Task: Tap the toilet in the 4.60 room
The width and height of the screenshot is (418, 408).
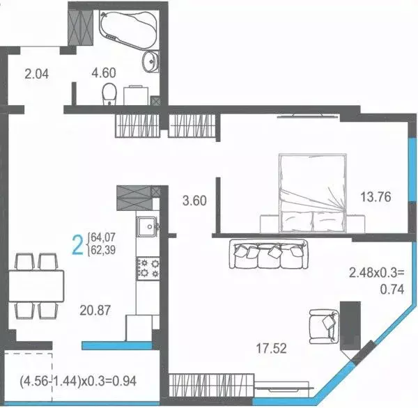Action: click(109, 93)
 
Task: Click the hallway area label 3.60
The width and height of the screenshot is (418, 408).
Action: click(194, 201)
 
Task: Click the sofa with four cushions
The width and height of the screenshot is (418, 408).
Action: click(268, 255)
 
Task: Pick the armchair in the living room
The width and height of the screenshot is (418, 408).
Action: click(323, 324)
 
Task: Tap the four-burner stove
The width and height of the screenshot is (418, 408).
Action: click(147, 267)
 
